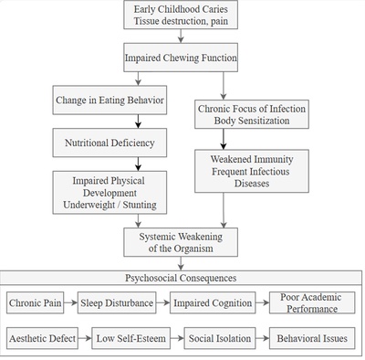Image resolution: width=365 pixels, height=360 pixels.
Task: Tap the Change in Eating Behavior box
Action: tap(109, 100)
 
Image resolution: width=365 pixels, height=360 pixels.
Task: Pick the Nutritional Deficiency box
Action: tap(109, 143)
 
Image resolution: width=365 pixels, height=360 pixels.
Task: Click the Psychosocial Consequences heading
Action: tap(182, 277)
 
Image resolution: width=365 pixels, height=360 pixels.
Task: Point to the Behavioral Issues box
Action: tap(310, 339)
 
